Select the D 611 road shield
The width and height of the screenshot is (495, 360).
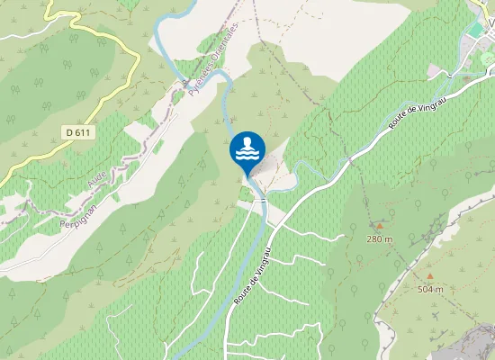click(79, 132)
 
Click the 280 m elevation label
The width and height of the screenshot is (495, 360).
click(380, 238)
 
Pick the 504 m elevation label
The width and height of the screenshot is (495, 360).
click(431, 289)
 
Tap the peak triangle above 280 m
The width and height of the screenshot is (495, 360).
click(380, 226)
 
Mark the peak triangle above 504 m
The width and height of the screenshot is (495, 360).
click(430, 276)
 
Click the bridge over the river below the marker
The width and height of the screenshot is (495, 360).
click(263, 201)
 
